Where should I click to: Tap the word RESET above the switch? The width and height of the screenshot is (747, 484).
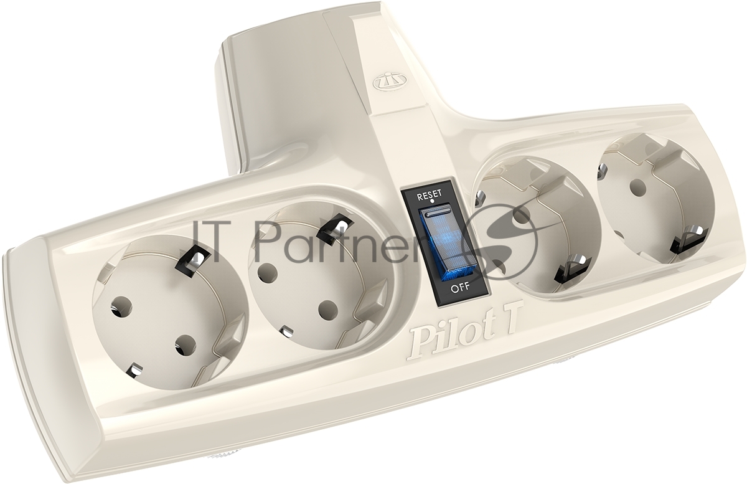coord(430,194)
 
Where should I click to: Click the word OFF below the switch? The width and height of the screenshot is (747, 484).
coord(460,287)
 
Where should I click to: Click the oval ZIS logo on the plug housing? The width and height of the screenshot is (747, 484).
coord(384,82)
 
